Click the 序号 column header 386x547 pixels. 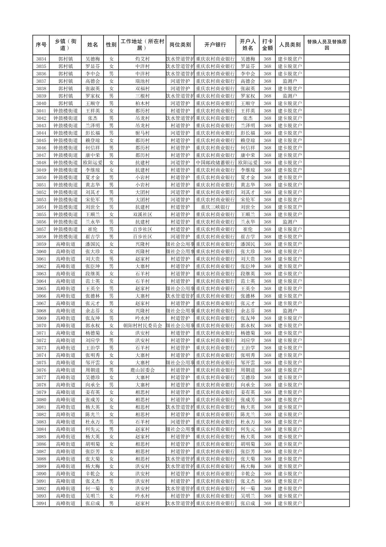point(41,45)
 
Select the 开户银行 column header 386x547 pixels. point(215,45)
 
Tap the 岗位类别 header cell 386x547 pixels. point(180,45)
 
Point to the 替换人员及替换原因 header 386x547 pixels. point(326,45)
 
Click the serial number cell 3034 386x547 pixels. point(41,59)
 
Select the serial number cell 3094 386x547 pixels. point(41,503)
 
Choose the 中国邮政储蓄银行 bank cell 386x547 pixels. point(215,163)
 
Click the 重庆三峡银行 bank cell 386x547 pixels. point(215,207)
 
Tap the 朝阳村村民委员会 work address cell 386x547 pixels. point(142,326)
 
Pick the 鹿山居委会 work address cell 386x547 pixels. point(142,370)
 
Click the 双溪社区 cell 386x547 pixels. point(142,214)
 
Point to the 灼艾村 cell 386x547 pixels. point(142,59)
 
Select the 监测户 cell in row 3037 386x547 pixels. point(289,81)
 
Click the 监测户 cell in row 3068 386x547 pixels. point(289,311)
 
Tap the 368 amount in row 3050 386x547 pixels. point(267,177)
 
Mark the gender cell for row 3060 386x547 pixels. point(111,252)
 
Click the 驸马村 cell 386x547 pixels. point(142,133)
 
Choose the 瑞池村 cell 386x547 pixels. point(142,81)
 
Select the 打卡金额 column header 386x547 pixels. point(267,45)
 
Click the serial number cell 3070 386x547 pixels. point(41,326)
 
